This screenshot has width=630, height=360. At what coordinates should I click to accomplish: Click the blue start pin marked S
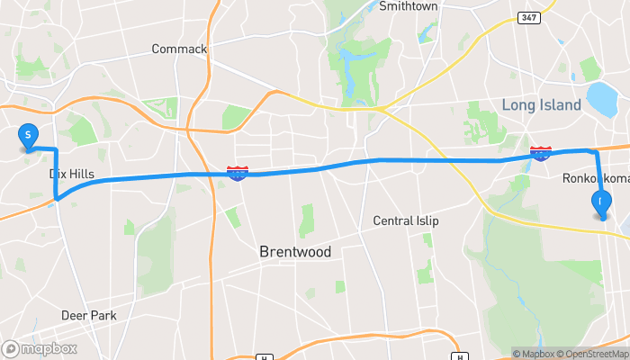pos(28,137)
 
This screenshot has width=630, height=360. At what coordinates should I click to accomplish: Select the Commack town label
pos(179,49)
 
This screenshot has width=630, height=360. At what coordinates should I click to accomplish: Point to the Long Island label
pos(542,105)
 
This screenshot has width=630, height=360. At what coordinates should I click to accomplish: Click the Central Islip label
pos(409,221)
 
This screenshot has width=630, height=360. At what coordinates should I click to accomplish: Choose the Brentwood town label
pos(295,251)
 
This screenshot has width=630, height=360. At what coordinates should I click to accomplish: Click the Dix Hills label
pos(72,174)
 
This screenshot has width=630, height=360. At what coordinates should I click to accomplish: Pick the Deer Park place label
pos(89,315)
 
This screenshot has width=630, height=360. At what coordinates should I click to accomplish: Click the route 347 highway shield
pos(530,18)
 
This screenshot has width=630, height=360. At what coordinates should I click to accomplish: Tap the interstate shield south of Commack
pos(238,172)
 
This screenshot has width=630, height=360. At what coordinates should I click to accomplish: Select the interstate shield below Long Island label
pos(541,154)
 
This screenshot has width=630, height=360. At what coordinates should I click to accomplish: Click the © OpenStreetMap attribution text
pos(591,354)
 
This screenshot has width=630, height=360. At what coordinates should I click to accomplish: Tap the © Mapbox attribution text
pos(534,354)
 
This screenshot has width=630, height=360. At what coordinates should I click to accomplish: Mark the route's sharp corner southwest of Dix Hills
pos(56,197)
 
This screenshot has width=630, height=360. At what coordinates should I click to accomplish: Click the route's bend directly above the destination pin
pos(594,152)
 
